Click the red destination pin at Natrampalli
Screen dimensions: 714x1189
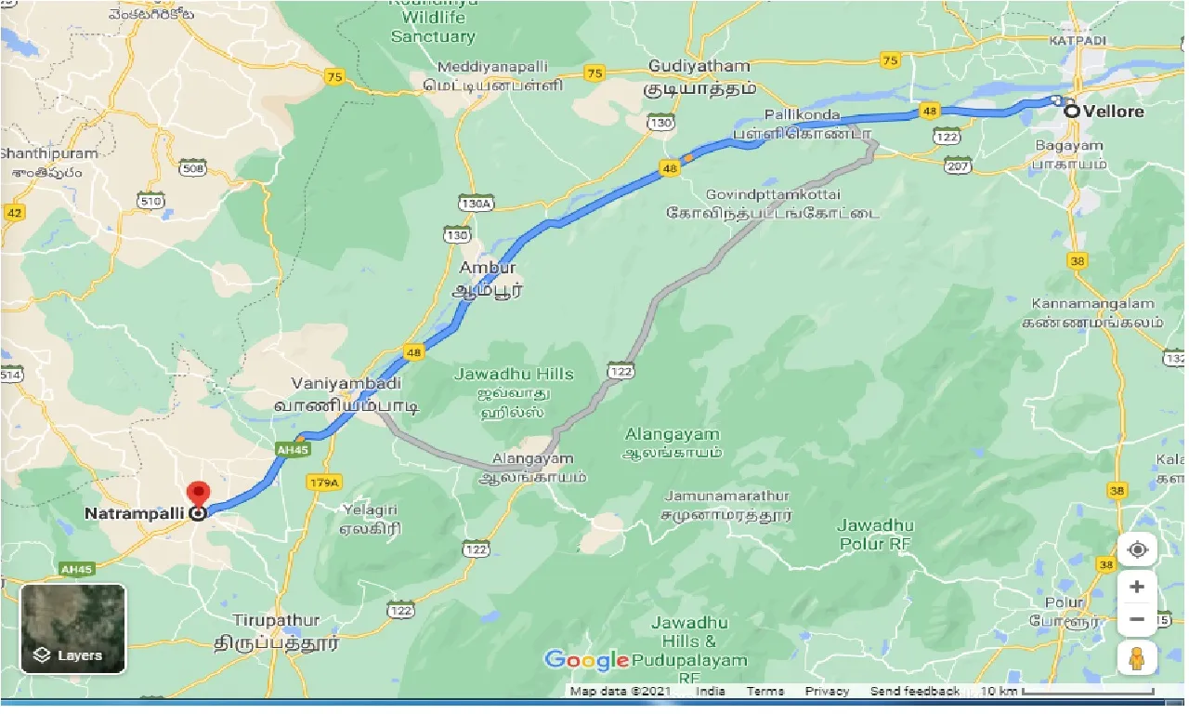pyautogui.click(x=198, y=494)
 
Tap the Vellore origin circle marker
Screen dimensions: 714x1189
pyautogui.click(x=1072, y=111)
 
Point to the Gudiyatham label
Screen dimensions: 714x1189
pyautogui.click(x=699, y=66)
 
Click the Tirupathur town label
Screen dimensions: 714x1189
pyautogui.click(x=277, y=620)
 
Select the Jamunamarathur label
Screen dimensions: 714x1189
pyautogui.click(x=725, y=496)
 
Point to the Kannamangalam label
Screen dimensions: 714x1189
pyautogui.click(x=1093, y=304)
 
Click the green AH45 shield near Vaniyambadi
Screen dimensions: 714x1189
pyautogui.click(x=291, y=448)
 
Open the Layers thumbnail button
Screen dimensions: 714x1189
pyautogui.click(x=72, y=629)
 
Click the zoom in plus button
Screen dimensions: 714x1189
pyautogui.click(x=1137, y=588)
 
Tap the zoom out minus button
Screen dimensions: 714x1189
pyautogui.click(x=1137, y=619)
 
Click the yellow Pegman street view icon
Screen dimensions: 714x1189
pyautogui.click(x=1137, y=658)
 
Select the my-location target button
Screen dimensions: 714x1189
pyautogui.click(x=1137, y=549)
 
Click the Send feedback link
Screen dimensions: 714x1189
pyautogui.click(x=914, y=691)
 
